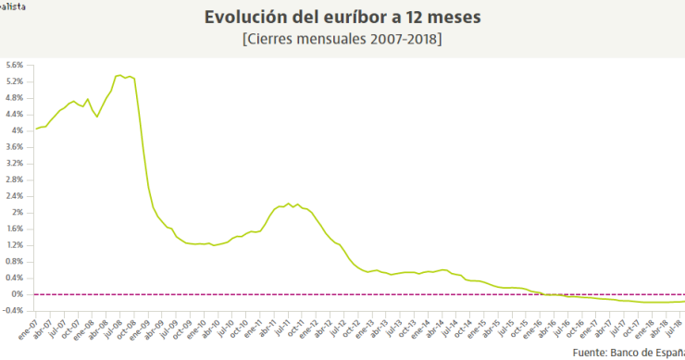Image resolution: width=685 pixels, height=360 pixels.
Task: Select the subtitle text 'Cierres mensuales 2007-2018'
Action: pos(342,40)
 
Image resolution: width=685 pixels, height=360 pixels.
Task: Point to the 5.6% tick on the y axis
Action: pos(14,65)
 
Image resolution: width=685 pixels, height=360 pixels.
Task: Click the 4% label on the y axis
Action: pos(18,130)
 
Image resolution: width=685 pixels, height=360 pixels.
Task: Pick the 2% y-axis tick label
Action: pos(18,212)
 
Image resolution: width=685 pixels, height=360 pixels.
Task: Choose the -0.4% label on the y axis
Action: pos(13,310)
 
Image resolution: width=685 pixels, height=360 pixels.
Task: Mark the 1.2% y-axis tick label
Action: pos(14,244)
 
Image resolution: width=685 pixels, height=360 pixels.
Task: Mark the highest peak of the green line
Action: pos(119,75)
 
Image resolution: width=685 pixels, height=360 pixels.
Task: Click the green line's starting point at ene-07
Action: pos(36,129)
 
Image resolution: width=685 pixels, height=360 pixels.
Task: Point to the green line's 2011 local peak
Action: pos(289,204)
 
